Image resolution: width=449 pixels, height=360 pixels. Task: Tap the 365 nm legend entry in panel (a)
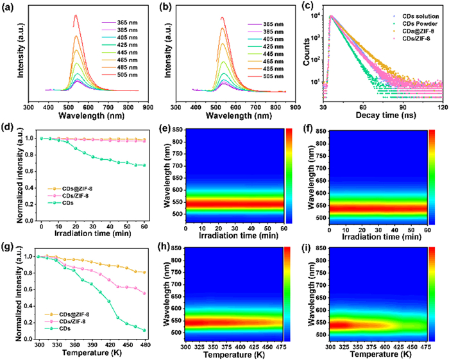click(x=117, y=24)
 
